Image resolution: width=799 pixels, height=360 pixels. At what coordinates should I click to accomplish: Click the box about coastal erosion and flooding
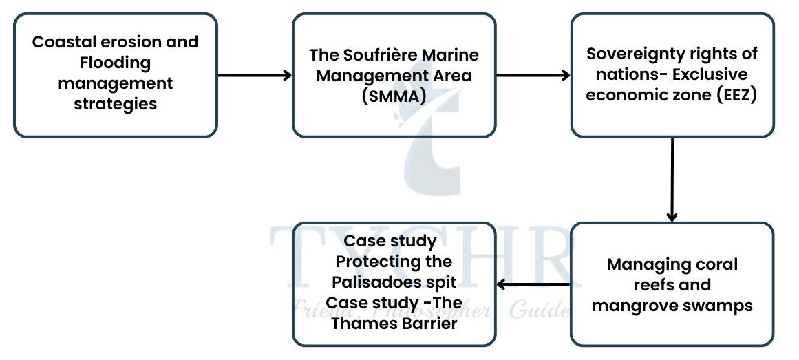(x=115, y=74)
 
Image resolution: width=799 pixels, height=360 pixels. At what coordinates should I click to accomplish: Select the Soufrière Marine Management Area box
(x=394, y=74)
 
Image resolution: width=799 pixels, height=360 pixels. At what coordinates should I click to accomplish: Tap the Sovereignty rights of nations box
(x=672, y=74)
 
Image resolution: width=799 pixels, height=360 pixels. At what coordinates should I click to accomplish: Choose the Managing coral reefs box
(x=672, y=284)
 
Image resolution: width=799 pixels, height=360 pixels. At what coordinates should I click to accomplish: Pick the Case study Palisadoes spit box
(x=394, y=284)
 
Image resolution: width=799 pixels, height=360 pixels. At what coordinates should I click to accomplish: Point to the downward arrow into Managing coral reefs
(x=672, y=179)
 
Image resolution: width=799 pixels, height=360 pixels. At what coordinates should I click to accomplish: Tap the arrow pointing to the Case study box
(x=533, y=284)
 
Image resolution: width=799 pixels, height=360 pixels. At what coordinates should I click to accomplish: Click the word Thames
(x=363, y=324)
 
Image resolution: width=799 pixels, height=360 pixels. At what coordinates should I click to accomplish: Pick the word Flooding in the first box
(x=115, y=63)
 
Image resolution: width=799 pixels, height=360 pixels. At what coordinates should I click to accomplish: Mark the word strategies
(x=115, y=105)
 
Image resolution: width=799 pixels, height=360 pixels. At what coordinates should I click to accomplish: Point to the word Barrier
(x=427, y=324)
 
